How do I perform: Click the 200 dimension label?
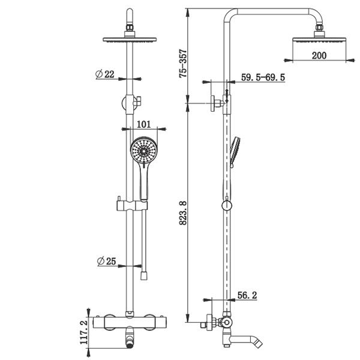(319, 56)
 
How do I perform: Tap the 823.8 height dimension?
(183, 213)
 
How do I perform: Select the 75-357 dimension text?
(183, 64)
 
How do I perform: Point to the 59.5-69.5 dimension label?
(263, 77)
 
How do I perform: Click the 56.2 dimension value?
(247, 295)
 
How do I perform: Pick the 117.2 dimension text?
(84, 332)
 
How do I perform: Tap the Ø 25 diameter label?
(107, 261)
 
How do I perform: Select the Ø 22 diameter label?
(104, 74)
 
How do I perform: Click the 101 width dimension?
(144, 124)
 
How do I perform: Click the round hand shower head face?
(144, 150)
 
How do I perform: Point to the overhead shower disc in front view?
(130, 40)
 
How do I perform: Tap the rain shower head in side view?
(319, 40)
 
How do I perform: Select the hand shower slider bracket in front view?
(132, 206)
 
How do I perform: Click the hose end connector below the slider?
(144, 275)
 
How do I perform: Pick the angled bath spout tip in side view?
(258, 342)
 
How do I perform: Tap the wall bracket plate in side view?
(213, 104)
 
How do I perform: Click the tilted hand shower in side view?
(235, 152)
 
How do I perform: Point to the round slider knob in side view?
(227, 205)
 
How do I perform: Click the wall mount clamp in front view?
(131, 104)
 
